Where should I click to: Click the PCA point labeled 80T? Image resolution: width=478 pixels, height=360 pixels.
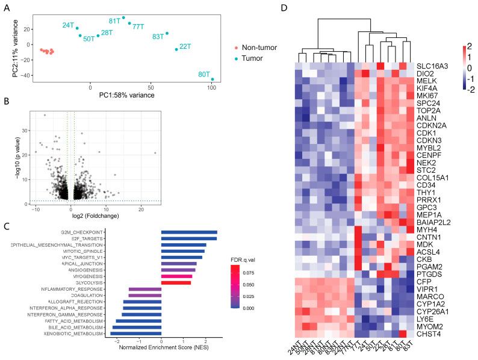pyautogui.click(x=213, y=79)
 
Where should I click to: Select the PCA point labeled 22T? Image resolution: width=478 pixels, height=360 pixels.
pyautogui.click(x=176, y=49)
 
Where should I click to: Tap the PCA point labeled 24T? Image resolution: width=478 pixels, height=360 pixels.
pyautogui.click(x=77, y=28)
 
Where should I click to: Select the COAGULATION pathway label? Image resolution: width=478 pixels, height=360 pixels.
pyautogui.click(x=82, y=296)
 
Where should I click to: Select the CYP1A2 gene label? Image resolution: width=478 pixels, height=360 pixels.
pyautogui.click(x=428, y=297)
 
